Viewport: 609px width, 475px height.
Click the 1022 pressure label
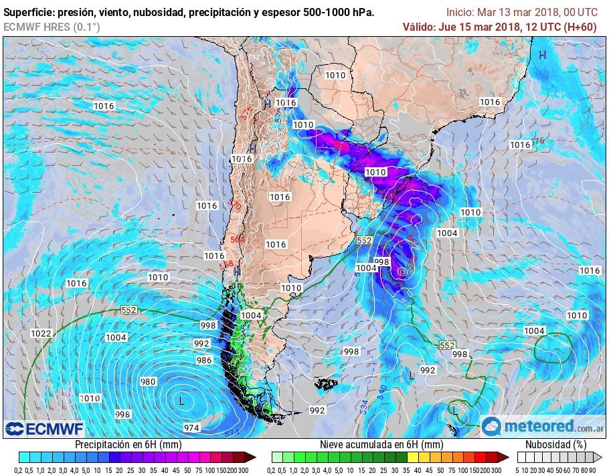point(41,333)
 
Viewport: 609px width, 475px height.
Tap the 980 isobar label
point(148,381)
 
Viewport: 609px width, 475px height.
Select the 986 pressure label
point(204,360)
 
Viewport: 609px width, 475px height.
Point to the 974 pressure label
point(191,427)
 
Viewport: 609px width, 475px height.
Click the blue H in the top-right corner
point(543,55)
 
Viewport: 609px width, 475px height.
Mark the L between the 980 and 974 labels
point(181,400)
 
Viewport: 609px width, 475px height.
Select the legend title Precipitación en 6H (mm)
point(128,444)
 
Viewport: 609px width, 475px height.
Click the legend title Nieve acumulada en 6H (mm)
point(381,444)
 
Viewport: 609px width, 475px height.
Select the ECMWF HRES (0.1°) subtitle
point(52,27)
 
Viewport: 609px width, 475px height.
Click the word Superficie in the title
point(30,12)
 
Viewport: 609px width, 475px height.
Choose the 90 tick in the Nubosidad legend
point(592,470)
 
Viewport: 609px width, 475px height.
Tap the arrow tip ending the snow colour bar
point(508,458)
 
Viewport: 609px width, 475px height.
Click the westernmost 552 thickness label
point(129,310)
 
